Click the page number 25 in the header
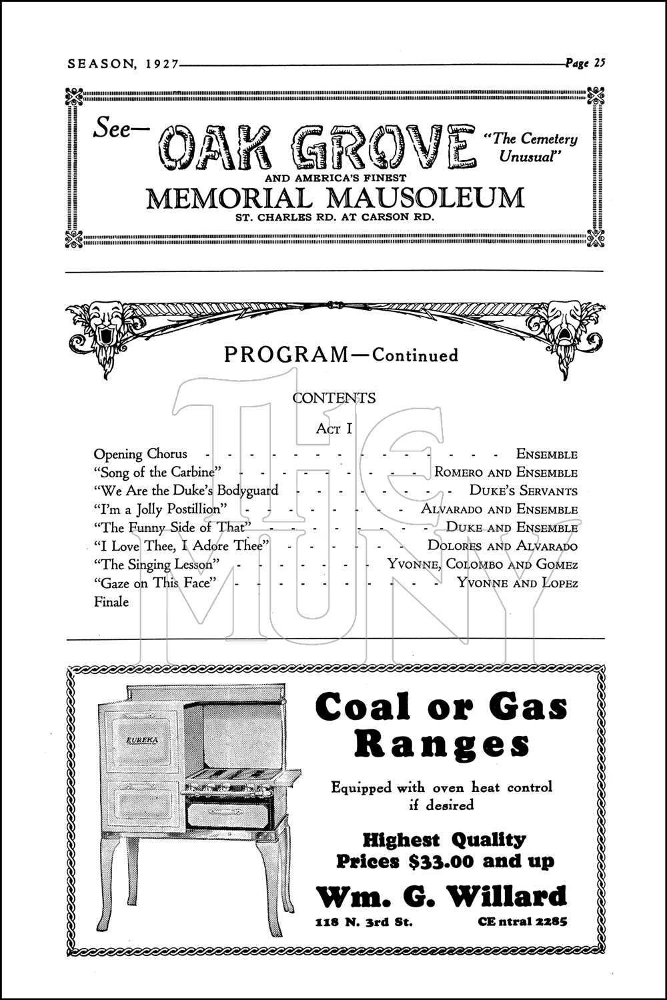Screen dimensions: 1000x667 598,64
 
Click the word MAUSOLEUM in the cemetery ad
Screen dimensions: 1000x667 419,198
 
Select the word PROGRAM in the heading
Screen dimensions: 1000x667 286,355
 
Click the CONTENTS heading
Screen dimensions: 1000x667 333,398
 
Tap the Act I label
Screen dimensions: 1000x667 333,429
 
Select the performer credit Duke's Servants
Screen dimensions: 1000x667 523,491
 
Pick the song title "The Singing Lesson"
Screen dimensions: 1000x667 157,565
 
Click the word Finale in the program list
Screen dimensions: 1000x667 111,602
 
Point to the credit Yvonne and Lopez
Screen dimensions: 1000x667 517,583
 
